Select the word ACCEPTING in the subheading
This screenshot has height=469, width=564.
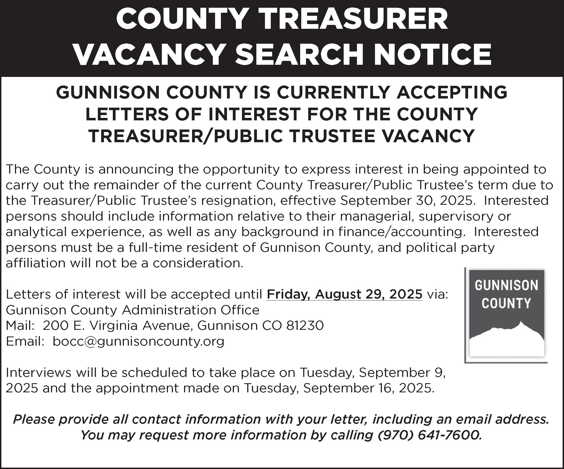tap(452, 92)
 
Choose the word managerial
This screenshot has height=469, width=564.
tap(377, 216)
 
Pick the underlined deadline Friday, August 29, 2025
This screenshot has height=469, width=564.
tap(344, 294)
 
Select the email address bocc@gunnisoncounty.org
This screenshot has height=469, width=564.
tap(139, 341)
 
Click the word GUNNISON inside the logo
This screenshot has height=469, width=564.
tap(506, 285)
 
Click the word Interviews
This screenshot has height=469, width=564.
tap(39, 372)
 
